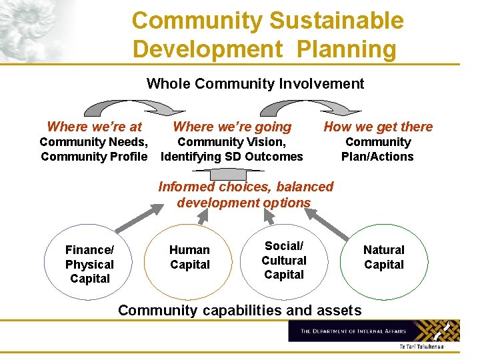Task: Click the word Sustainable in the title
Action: [x=337, y=21]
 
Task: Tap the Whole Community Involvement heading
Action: [x=255, y=83]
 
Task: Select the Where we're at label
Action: [x=94, y=126]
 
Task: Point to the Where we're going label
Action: [x=232, y=127]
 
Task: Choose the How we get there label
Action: [x=378, y=127]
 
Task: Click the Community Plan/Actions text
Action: [x=377, y=149]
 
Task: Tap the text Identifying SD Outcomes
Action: [x=232, y=157]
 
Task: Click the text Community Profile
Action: [x=94, y=157]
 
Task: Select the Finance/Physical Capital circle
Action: [x=89, y=264]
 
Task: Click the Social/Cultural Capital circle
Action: [x=284, y=261]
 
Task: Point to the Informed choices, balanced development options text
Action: [x=245, y=195]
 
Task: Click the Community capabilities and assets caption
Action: [x=239, y=310]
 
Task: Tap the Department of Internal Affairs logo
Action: [x=374, y=331]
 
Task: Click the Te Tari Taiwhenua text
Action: [x=421, y=347]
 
